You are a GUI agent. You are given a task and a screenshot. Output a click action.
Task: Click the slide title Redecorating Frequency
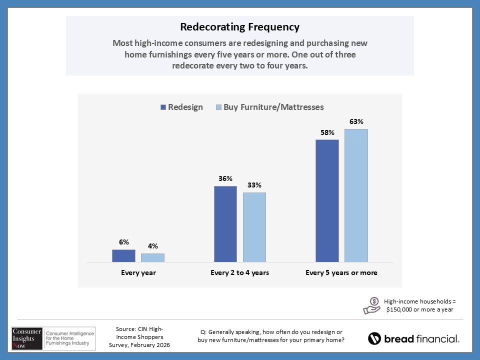coord(239,26)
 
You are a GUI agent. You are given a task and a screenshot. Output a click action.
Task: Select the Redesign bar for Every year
coord(123,255)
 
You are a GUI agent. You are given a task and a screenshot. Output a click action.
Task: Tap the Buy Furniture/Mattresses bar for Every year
coord(152,257)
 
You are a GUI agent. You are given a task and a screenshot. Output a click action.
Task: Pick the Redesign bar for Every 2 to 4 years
coord(225,224)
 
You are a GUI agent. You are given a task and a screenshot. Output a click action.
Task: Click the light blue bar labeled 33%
coord(254,227)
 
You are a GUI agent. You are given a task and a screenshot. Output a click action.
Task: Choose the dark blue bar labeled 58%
coord(327,200)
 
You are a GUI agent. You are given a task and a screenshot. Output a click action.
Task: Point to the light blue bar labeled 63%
coord(356,195)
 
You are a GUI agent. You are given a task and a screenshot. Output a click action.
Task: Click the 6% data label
coord(123,242)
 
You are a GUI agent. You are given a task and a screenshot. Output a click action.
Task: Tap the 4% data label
coord(152,246)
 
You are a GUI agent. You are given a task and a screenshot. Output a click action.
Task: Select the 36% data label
coord(225,178)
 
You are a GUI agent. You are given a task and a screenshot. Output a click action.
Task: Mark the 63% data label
coord(356,121)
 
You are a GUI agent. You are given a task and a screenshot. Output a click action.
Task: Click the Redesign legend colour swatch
coord(163,107)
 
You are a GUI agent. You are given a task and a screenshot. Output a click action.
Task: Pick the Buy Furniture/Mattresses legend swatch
coord(218,107)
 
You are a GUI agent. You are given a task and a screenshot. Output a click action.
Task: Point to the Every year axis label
coord(138,273)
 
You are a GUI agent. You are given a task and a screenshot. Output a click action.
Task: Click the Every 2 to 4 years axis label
coord(240,273)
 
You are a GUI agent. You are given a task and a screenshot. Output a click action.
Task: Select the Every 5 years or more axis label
coord(341,273)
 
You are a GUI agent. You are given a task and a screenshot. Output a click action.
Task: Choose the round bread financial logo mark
coord(374,338)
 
